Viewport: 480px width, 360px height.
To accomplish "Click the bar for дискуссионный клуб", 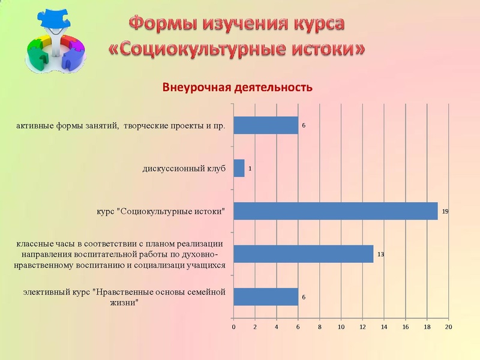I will (239, 169).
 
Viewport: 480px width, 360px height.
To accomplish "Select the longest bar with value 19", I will (335, 211).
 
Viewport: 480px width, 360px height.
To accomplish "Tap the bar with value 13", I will (303, 254).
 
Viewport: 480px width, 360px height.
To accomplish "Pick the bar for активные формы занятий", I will (266, 125).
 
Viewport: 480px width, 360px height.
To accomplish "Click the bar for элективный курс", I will (266, 296).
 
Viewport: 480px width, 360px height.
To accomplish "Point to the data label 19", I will (445, 212).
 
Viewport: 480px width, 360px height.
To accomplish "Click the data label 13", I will (380, 254).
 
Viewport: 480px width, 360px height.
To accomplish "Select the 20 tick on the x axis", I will (448, 327).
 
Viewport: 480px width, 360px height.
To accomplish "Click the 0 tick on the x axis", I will (233, 327).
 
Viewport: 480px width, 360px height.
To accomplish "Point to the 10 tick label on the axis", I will (341, 327).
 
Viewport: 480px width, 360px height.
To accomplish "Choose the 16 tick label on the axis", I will (406, 327).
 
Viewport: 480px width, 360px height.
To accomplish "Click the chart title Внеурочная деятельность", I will (238, 88).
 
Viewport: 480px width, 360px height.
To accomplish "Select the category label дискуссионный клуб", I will (184, 169).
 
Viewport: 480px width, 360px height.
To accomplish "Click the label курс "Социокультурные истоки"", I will (160, 212).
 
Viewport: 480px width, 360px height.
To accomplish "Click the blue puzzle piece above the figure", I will (55, 19).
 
